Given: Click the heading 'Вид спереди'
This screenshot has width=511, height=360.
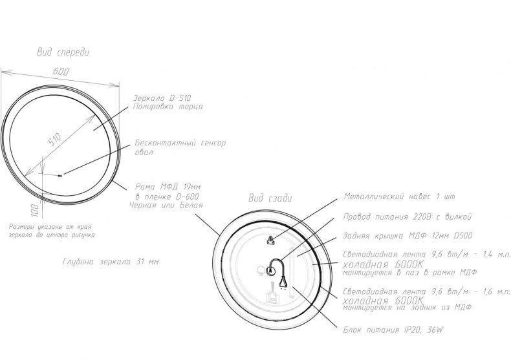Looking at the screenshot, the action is [63, 52].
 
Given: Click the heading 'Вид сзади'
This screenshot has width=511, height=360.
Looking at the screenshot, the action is [270, 198].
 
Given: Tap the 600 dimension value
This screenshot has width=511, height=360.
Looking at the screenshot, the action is [61, 71].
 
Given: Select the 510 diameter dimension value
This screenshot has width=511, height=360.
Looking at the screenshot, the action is [55, 140].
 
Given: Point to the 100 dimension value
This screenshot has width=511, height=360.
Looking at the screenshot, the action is [35, 211].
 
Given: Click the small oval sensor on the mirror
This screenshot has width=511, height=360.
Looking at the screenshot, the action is [60, 176].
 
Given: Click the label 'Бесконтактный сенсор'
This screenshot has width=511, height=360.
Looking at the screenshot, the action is [180, 143].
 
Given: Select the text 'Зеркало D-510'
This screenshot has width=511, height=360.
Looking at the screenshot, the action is [162, 98].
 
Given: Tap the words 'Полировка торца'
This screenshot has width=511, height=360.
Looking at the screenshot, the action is [168, 107].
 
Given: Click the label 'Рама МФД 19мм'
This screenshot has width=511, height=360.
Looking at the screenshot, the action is [168, 187].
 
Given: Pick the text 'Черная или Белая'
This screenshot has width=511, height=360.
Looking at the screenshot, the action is [166, 205].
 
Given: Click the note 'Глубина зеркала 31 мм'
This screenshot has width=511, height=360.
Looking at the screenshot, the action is [111, 262].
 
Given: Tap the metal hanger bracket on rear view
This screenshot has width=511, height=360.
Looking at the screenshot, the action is [270, 240].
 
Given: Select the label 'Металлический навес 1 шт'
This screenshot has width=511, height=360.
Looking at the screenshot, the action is [400, 196].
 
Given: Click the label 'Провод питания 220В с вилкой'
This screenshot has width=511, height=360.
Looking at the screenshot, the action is [408, 217].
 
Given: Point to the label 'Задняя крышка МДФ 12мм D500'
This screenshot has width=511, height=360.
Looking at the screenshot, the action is [408, 236].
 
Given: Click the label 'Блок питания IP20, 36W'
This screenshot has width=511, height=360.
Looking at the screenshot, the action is [393, 330].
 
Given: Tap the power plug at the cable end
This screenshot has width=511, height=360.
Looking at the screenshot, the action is [283, 282].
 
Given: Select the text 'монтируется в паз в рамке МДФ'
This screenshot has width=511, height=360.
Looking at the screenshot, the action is [409, 272].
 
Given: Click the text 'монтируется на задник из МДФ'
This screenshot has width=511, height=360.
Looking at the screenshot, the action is [408, 307].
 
